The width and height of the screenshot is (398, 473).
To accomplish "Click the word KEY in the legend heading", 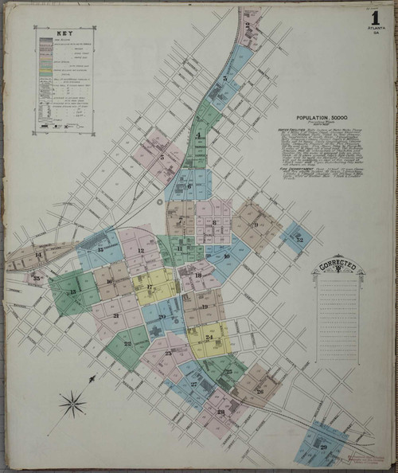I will point(64,34).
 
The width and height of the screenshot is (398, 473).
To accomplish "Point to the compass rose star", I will point(72,404).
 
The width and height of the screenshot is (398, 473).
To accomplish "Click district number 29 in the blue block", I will point(323,447).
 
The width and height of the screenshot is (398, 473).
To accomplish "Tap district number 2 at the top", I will point(248,25).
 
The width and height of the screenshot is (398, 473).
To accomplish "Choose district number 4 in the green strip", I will point(198,135).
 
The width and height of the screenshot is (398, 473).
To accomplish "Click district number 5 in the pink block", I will point(162,157).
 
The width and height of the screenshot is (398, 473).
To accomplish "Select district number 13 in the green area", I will point(72,292).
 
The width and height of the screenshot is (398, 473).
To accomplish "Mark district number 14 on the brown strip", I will point(37,254).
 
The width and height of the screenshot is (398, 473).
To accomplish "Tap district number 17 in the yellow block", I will point(150,287).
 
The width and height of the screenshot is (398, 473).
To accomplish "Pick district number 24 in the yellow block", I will point(209,338).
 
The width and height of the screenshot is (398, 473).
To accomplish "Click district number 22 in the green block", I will point(127,343).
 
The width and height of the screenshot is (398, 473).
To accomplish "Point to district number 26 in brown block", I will point(259,391).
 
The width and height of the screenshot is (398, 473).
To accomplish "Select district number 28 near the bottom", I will point(220,412).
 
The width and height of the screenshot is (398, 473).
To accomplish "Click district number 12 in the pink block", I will point(139,252).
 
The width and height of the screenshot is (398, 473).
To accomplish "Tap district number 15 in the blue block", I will point(100,250).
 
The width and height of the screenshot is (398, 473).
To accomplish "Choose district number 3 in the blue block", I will point(225,78).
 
